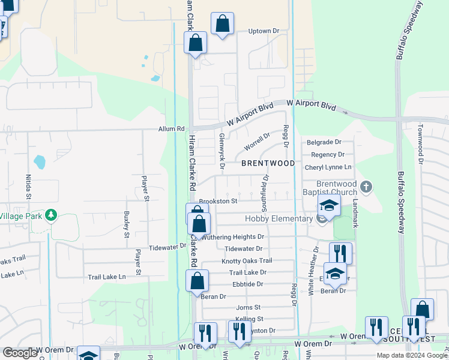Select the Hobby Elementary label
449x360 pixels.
(279, 219)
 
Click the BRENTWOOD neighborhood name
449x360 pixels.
(268, 163)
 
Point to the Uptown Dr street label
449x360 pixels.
(264, 31)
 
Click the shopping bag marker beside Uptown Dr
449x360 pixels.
(222, 25)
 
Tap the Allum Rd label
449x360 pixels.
(172, 129)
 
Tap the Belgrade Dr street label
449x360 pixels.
(324, 142)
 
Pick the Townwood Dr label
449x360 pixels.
(421, 144)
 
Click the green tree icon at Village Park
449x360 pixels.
(52, 215)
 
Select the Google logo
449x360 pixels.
(20, 353)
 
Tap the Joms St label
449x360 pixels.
(248, 307)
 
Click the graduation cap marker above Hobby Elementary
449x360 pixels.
(329, 205)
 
